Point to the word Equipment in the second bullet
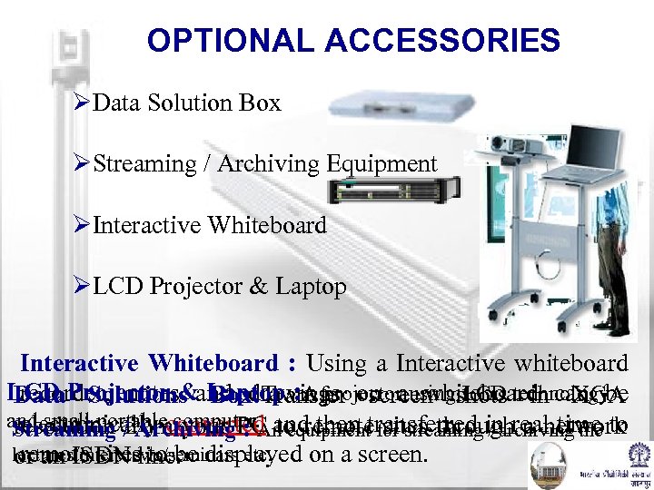(x=381, y=164)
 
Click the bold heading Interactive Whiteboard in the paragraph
(x=150, y=364)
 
